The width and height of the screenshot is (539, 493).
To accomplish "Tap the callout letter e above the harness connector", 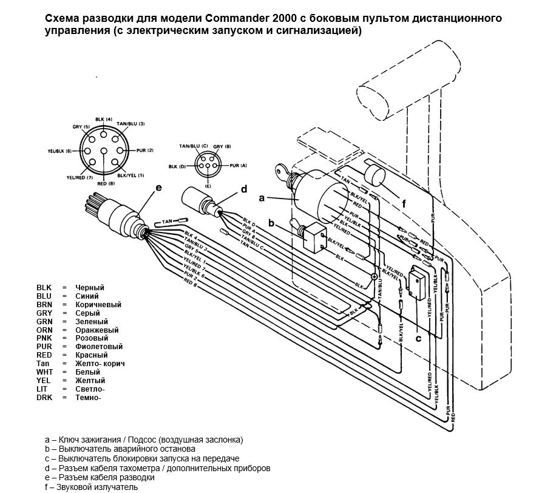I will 158,188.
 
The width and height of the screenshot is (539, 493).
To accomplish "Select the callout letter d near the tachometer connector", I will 245,189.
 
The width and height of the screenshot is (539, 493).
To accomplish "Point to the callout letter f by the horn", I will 403,204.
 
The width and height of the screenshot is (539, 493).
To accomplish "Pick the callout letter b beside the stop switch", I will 273,223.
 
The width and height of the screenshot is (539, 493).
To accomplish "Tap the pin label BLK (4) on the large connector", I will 104,118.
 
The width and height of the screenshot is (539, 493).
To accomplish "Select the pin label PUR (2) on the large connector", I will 146,150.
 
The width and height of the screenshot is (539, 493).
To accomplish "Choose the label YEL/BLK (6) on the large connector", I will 59,151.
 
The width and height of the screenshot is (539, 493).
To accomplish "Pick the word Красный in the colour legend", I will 92,355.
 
